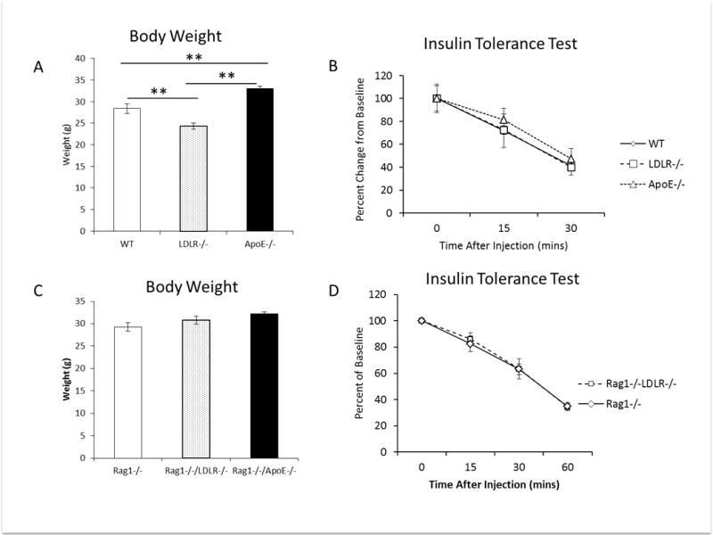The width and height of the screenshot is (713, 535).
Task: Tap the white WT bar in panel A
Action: [127, 169]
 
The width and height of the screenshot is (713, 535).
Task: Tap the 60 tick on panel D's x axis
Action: [568, 465]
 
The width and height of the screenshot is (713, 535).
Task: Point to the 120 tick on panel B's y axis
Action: [386, 76]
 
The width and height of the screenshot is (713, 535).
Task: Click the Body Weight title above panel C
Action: [193, 288]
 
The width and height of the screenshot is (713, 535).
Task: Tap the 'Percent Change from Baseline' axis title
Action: [358, 144]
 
